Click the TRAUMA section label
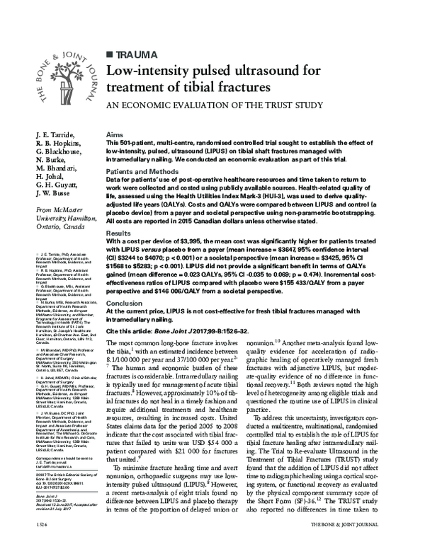134,54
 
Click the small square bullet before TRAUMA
108,54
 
